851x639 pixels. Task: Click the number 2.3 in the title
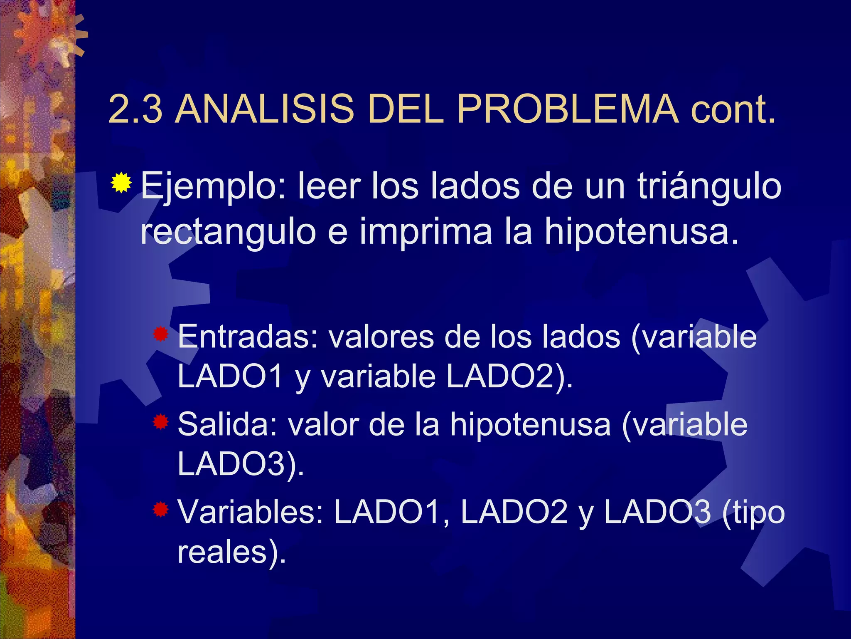pos(135,109)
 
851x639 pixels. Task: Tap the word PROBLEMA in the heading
pos(568,109)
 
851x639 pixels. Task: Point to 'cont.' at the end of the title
pos(733,110)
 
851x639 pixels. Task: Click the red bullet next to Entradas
pos(160,334)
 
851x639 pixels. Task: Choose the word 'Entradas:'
pos(248,337)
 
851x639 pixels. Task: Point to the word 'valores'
pos(381,337)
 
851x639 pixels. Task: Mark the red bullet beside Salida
pos(160,422)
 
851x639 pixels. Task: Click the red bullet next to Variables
pos(160,509)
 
